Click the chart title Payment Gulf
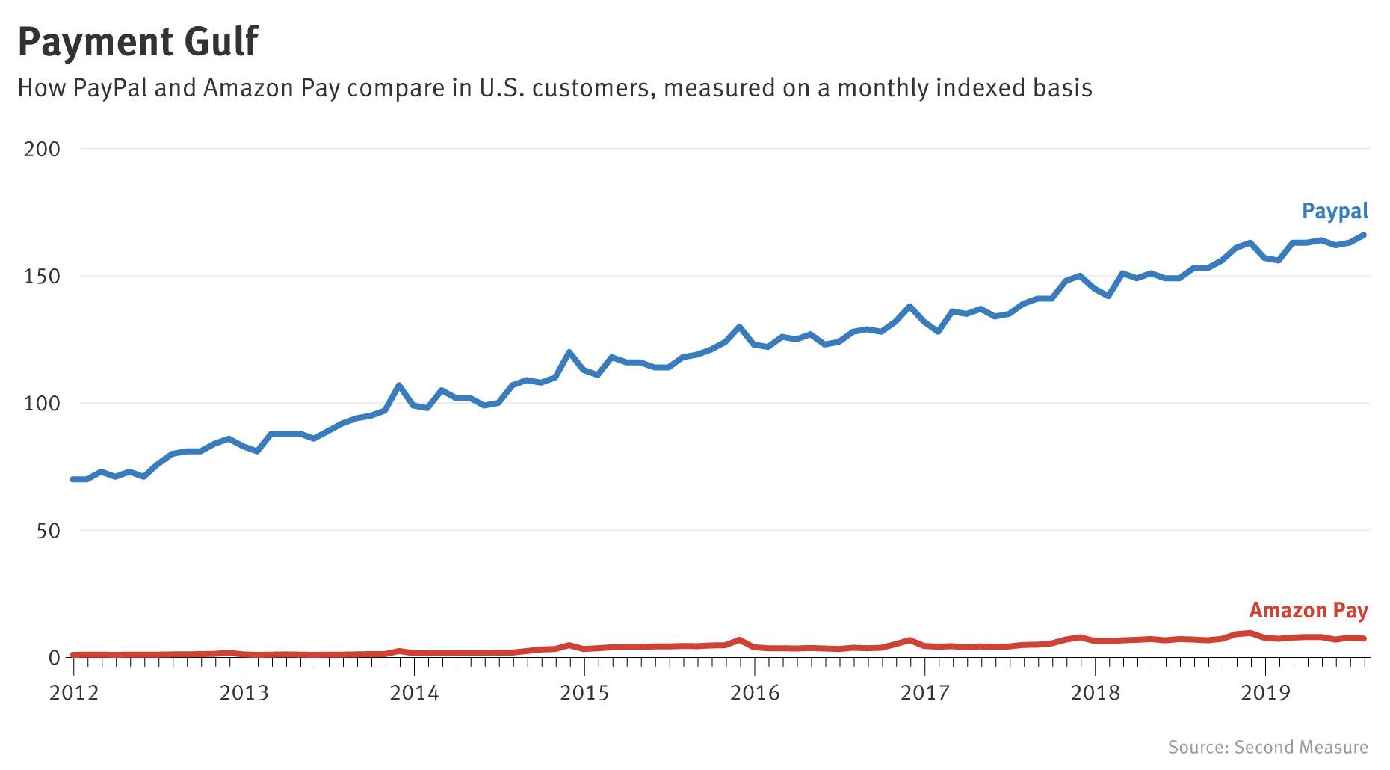(138, 41)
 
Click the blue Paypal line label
(1335, 211)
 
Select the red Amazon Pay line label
(1308, 611)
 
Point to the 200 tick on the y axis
(42, 149)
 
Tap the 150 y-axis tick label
(42, 277)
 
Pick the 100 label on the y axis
(42, 404)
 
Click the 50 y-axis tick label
(48, 531)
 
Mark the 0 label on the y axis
(54, 658)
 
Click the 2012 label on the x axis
(74, 693)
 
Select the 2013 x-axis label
(244, 693)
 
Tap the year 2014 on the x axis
(414, 693)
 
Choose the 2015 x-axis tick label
(584, 693)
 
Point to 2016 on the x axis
(755, 693)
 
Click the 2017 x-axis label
(925, 693)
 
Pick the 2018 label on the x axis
(1096, 693)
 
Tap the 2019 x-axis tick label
(1265, 693)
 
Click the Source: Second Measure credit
(1267, 747)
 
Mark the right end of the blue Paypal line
(1364, 235)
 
